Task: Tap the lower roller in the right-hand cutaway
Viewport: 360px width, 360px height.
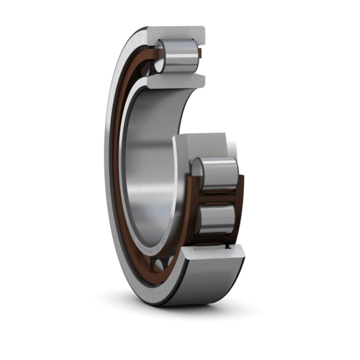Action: [217, 220]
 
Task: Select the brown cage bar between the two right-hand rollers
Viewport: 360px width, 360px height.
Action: [219, 195]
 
